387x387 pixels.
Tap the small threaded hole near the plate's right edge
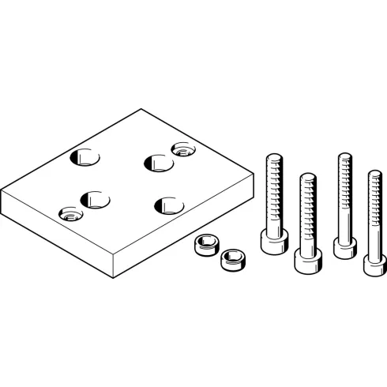(x=183, y=148)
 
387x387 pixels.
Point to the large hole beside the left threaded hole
(x=96, y=199)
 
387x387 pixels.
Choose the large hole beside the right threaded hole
(x=157, y=163)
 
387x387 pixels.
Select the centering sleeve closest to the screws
(x=231, y=257)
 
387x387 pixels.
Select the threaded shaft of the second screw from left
(x=305, y=209)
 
